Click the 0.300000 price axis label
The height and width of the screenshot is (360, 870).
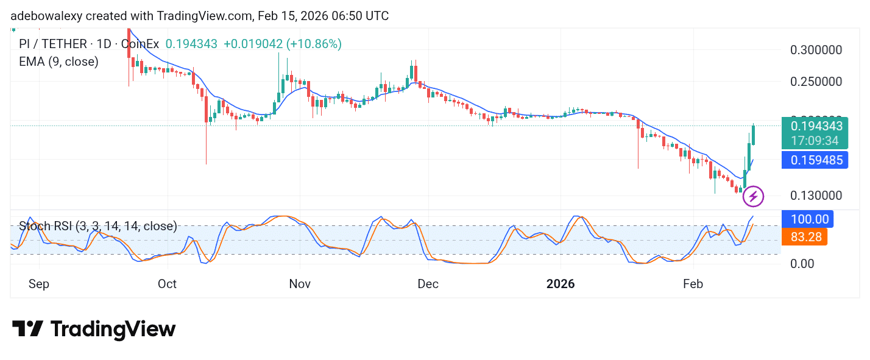click(x=816, y=50)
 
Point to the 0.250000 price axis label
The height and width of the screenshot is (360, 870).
click(x=816, y=82)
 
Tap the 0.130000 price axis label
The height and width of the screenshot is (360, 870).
click(x=816, y=196)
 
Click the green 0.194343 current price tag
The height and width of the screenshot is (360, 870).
click(x=816, y=127)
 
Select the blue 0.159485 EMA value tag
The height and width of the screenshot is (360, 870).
click(x=816, y=161)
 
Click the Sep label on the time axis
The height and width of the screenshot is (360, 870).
click(x=39, y=284)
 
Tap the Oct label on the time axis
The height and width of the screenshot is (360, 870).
click(x=167, y=284)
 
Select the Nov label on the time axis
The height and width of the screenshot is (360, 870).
click(x=300, y=284)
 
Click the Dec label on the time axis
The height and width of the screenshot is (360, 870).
click(x=428, y=284)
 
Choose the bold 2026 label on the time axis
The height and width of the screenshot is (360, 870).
click(x=561, y=284)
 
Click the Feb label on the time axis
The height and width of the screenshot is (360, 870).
click(x=693, y=284)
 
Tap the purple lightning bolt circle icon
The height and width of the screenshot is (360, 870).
click(x=753, y=196)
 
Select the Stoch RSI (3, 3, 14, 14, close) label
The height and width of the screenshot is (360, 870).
click(x=97, y=227)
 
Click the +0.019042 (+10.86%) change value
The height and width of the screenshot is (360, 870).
click(x=283, y=44)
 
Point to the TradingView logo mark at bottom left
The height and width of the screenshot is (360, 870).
click(x=27, y=330)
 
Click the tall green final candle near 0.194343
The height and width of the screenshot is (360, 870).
click(x=754, y=135)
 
